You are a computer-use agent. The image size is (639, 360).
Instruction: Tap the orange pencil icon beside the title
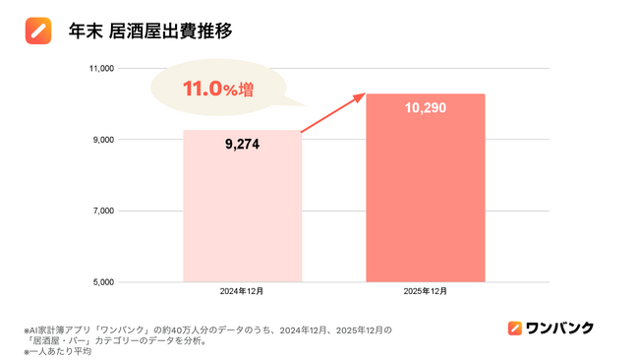[38, 31]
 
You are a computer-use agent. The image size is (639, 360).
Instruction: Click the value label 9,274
[242, 145]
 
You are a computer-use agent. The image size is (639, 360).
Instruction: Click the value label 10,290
[425, 107]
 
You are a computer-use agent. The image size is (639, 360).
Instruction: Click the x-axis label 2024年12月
[242, 292]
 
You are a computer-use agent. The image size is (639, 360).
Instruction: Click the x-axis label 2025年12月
[425, 292]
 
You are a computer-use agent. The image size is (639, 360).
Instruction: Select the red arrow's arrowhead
[361, 96]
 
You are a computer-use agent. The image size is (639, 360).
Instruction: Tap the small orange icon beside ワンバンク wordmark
[514, 329]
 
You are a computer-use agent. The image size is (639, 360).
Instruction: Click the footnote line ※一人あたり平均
[58, 351]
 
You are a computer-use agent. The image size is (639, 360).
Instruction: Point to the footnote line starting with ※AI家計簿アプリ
[207, 330]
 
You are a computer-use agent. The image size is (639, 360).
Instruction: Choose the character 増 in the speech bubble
[245, 90]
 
